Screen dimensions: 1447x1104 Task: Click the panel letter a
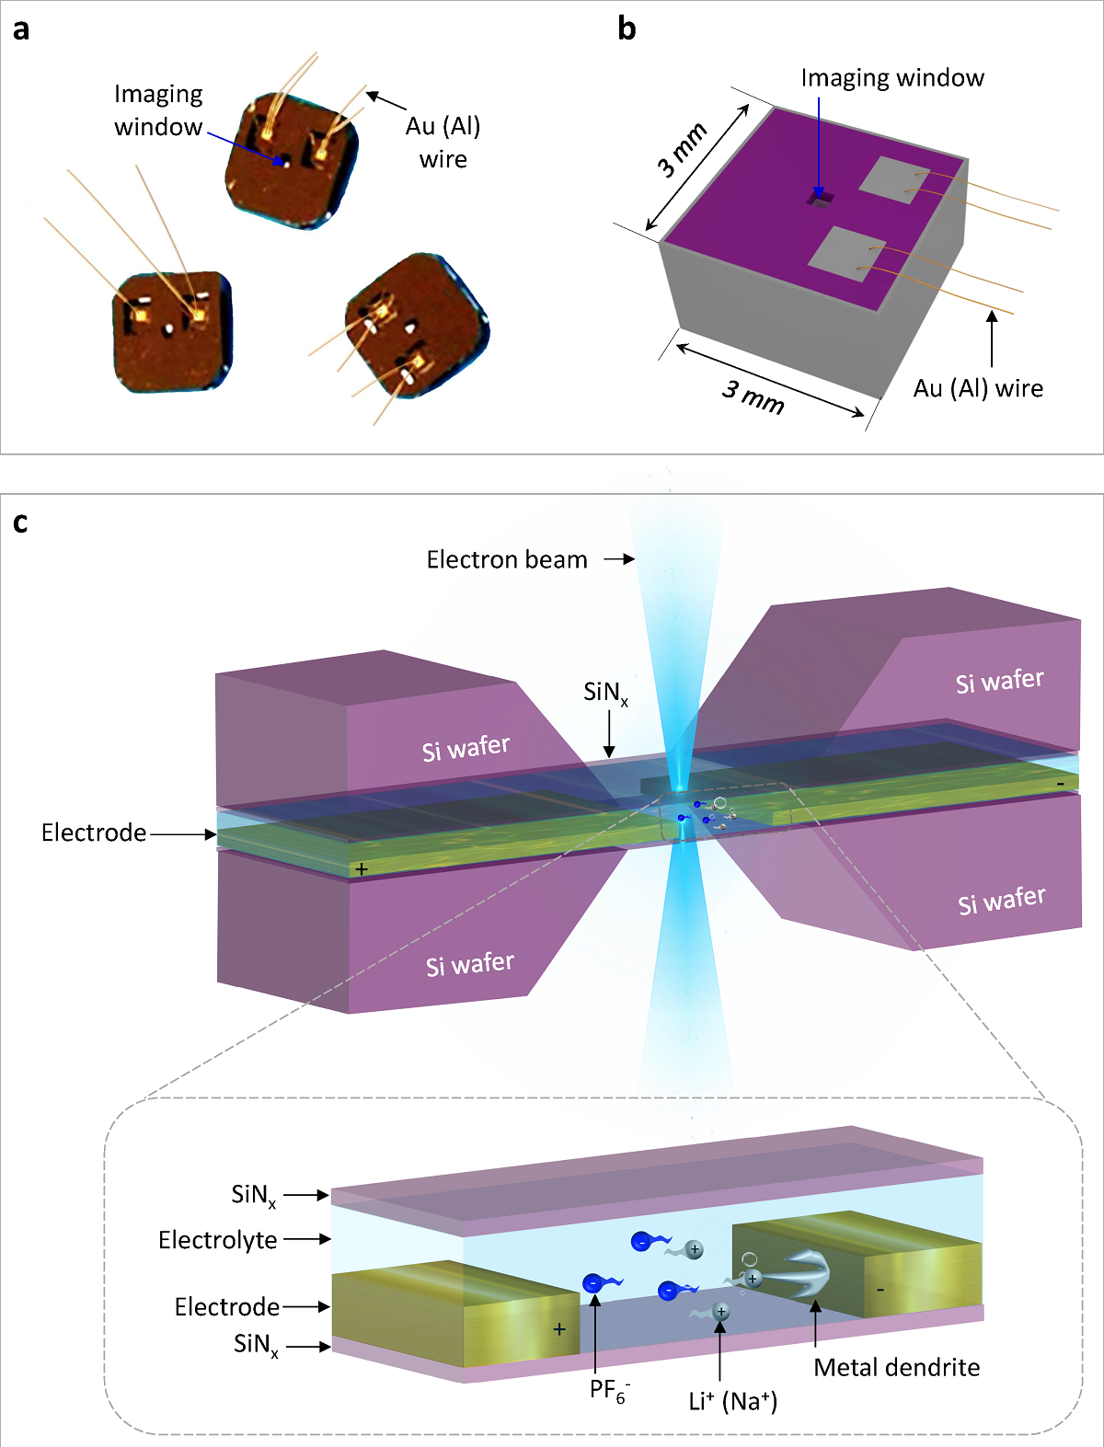pos(20,29)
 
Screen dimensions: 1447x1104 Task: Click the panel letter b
pos(627,29)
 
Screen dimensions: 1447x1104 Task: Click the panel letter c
pos(20,523)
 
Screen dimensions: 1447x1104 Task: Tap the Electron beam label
pos(506,559)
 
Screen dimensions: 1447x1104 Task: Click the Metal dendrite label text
pos(896,1367)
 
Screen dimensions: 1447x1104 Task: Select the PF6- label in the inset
pos(608,1390)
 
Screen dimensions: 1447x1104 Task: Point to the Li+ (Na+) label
pos(732,1401)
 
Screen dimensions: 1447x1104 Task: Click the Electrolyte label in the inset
pos(217,1240)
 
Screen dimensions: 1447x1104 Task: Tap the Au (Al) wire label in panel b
pos(977,388)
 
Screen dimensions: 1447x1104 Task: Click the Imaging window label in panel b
pos(891,78)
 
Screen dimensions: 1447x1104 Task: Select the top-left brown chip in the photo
pos(290,158)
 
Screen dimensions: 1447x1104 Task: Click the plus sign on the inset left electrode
pos(558,1329)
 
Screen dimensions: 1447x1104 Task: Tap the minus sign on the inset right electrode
pos(880,1290)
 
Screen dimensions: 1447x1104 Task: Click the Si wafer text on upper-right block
pos(999,682)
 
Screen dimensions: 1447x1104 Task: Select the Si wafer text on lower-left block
pos(469,964)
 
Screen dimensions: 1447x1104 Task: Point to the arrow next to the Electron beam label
pos(619,559)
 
